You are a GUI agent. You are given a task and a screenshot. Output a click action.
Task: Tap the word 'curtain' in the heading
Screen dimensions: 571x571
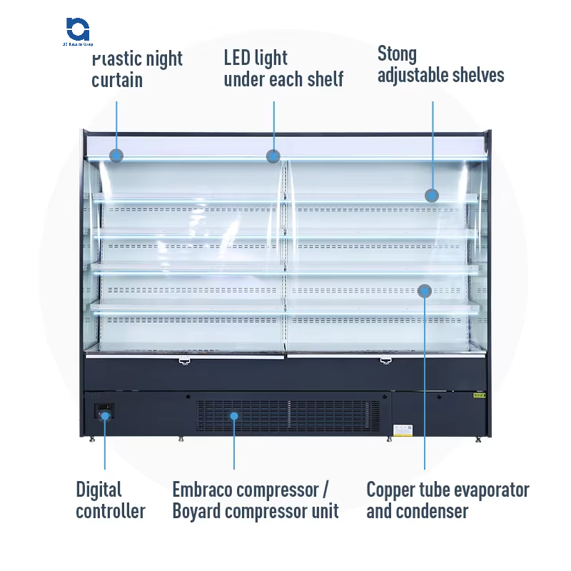(117, 80)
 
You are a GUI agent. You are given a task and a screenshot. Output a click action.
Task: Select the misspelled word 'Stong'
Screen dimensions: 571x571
(397, 54)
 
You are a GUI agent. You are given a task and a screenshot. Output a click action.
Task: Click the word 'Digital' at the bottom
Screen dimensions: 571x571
(99, 490)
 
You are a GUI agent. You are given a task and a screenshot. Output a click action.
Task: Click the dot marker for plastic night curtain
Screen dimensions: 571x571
(116, 155)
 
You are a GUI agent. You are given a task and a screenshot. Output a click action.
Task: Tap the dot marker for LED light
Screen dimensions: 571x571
(273, 156)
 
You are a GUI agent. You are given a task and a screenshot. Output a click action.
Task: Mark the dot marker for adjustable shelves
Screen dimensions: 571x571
(432, 195)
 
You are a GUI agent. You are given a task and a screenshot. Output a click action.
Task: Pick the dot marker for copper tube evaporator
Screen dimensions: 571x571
(425, 290)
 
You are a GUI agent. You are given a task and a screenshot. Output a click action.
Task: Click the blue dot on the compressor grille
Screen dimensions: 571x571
(233, 415)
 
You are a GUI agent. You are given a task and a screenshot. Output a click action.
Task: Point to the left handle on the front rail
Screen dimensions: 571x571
(184, 361)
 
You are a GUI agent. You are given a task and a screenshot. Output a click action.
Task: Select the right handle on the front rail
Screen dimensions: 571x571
(385, 360)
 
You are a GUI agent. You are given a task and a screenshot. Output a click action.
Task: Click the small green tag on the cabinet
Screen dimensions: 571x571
(480, 395)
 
